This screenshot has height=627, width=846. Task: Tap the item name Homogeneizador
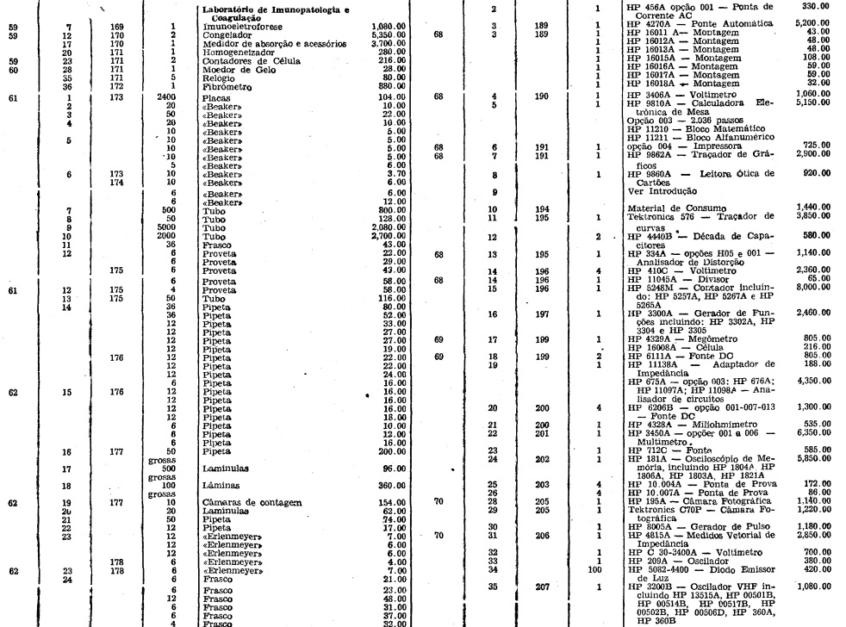pyautogui.click(x=234, y=51)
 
